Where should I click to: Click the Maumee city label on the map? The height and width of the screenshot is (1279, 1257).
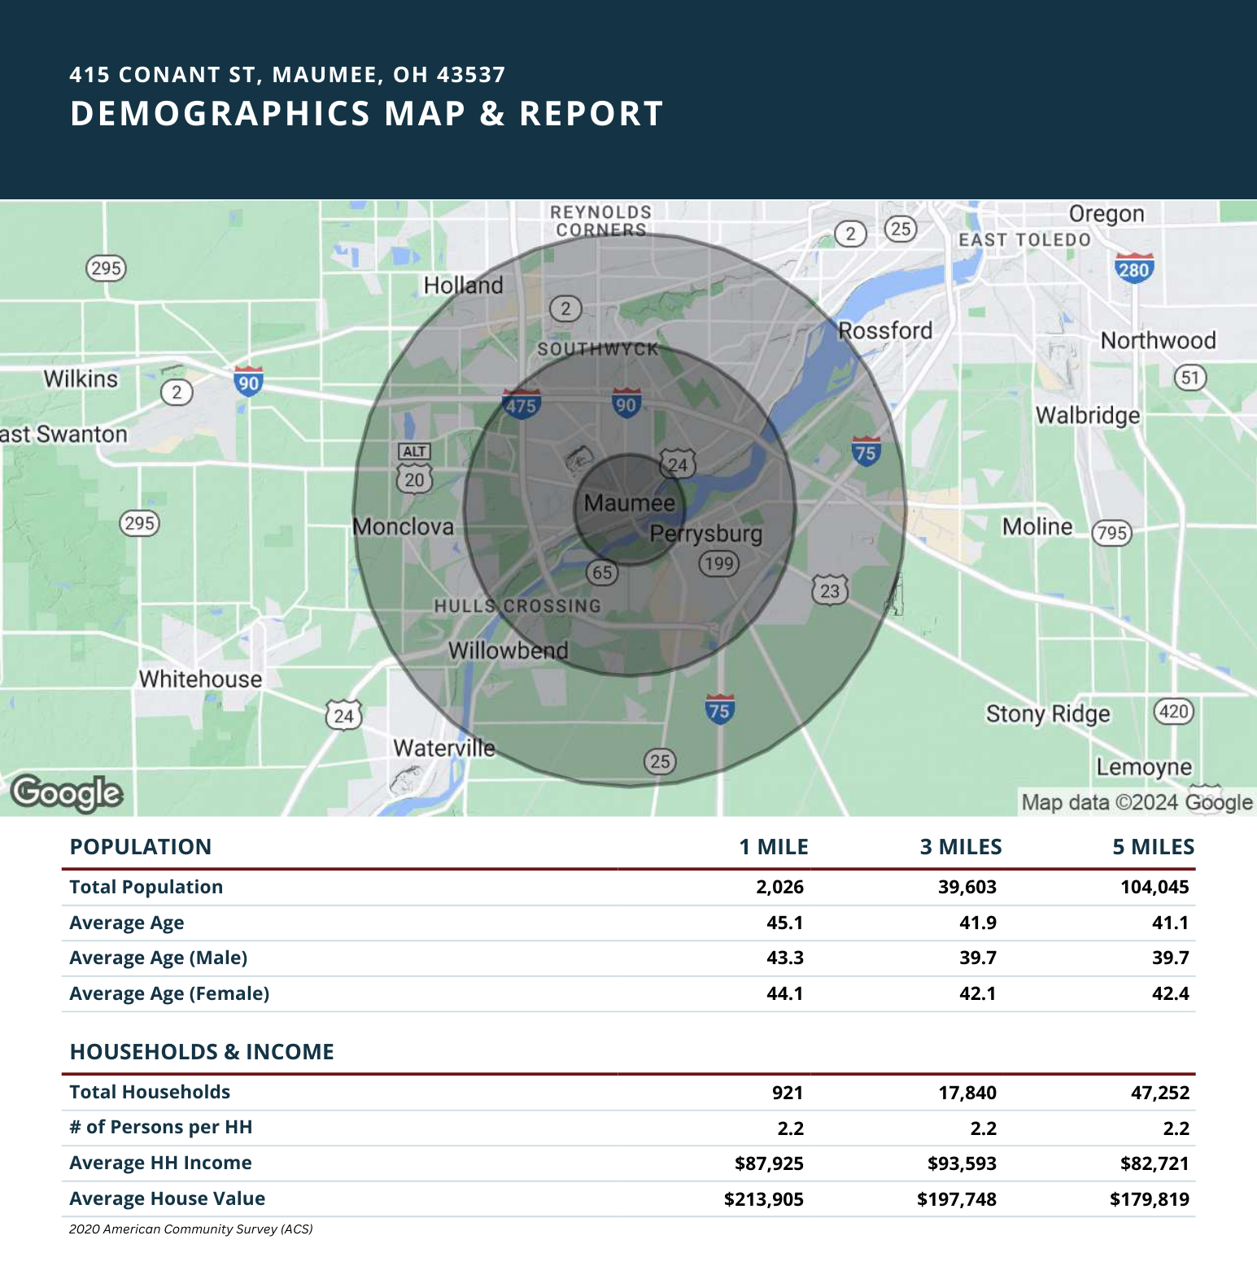coord(630,503)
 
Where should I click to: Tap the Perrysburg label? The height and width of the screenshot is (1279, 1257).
coord(706,534)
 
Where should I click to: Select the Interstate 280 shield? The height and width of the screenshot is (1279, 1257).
coord(1134,268)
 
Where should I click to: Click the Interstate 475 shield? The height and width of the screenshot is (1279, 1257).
coord(521,404)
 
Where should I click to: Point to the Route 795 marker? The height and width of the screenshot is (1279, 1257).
coord(1112,533)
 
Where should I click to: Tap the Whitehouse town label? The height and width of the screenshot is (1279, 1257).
coord(200,679)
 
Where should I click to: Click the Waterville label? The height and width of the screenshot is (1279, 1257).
coord(444,747)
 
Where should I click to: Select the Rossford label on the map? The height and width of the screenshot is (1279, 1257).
coord(885,330)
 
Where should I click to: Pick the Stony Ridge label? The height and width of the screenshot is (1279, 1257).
coord(1048,714)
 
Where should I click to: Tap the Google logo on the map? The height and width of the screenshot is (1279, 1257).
coord(67,793)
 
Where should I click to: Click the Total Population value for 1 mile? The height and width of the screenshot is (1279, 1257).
coord(779,887)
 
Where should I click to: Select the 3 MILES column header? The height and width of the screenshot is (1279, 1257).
coord(961,847)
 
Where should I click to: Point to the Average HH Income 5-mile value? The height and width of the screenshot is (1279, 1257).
coord(1154,1163)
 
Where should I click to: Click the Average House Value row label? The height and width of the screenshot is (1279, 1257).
coord(168,1198)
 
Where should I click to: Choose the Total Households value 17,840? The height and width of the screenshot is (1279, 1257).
coord(967,1093)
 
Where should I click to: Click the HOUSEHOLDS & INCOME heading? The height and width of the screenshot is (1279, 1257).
coord(202,1052)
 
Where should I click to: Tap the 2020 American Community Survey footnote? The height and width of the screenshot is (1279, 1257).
coord(191,1229)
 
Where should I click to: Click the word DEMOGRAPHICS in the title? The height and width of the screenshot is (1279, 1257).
coord(220,113)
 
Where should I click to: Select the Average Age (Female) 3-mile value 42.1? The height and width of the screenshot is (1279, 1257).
coord(978,993)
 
